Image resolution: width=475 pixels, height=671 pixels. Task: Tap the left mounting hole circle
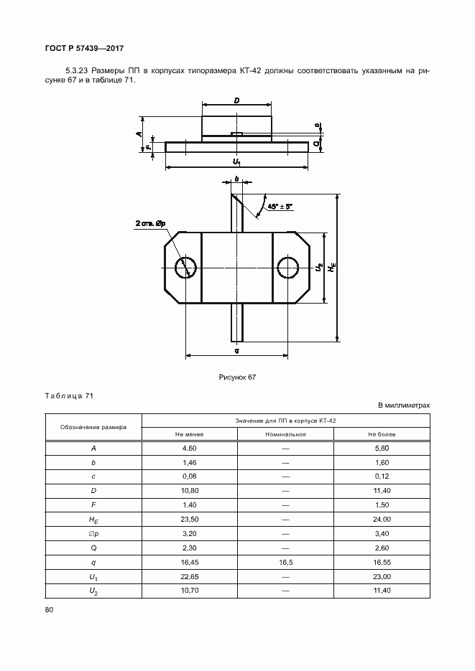(185, 267)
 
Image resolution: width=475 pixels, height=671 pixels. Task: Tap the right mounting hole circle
(288, 267)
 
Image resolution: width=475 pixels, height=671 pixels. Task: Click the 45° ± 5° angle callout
(280, 207)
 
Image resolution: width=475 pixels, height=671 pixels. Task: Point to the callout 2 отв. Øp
(150, 224)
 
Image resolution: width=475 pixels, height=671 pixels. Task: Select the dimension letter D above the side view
(236, 101)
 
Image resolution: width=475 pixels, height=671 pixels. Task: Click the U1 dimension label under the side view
(236, 163)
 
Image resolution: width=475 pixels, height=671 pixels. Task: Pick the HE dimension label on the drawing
(332, 267)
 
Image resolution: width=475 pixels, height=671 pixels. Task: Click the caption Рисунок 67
(237, 377)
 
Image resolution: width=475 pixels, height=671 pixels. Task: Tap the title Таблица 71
(69, 396)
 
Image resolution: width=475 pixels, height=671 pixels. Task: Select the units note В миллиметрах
(404, 405)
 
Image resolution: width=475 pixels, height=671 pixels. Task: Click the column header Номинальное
(285, 434)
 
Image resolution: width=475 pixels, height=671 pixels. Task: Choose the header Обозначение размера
(93, 427)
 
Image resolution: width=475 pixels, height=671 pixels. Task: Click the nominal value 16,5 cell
(285, 562)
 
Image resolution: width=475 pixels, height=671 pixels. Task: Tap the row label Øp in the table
(93, 533)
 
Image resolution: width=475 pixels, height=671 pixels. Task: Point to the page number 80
(49, 610)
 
